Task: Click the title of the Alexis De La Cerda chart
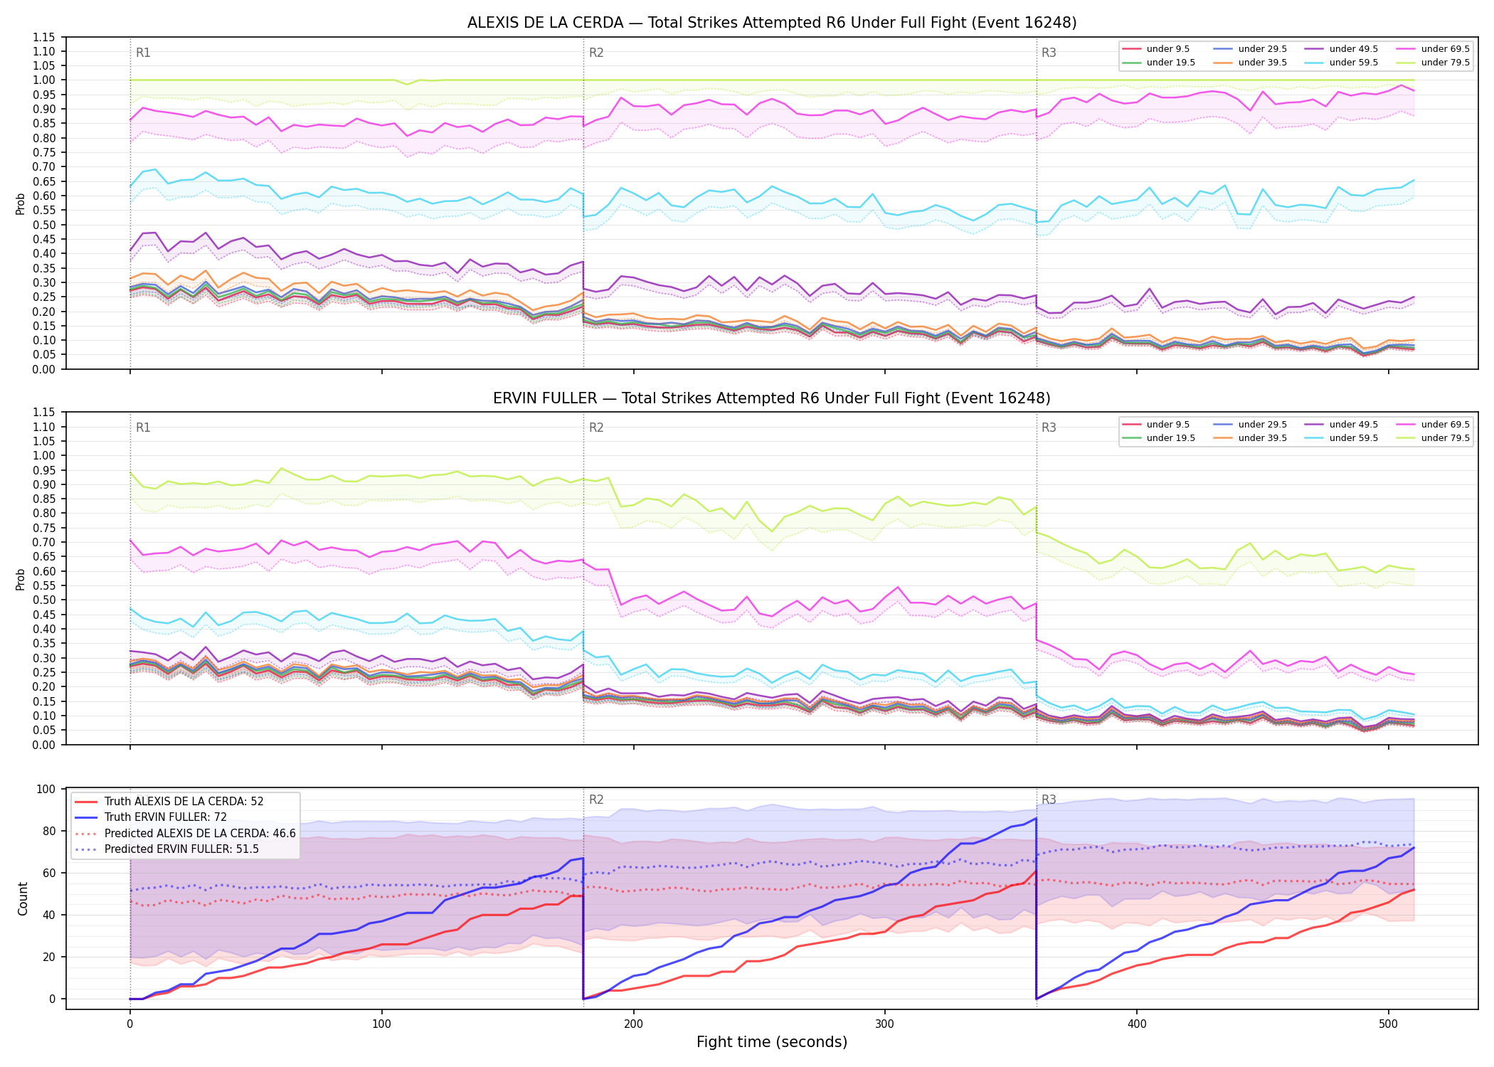772,23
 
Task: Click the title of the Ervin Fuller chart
772,398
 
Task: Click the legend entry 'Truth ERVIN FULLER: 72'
166,817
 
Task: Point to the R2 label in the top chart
596,53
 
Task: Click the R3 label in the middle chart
1049,428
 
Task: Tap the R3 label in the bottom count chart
1049,800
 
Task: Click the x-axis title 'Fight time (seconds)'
772,1042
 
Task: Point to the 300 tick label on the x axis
885,1024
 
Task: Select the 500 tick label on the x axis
1388,1024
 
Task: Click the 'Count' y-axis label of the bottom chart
23,899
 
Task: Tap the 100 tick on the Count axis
46,789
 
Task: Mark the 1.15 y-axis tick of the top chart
44,37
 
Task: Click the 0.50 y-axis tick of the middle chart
44,600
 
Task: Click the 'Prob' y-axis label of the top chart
21,204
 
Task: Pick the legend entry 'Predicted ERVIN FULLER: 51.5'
181,849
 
